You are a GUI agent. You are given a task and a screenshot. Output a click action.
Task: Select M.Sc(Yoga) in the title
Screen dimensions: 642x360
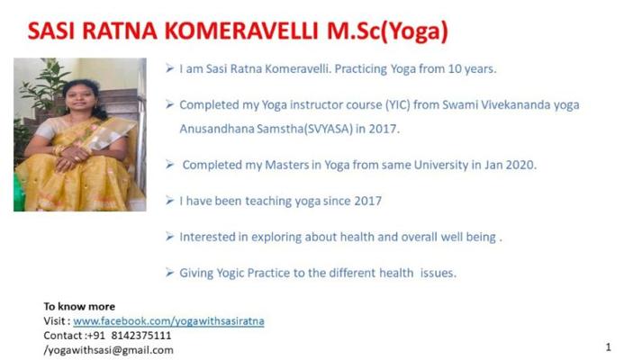click(387, 31)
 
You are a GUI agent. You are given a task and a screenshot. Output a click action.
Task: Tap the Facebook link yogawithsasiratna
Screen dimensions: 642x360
click(168, 321)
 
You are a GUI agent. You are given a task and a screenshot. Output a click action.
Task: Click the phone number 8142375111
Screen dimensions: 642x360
click(141, 336)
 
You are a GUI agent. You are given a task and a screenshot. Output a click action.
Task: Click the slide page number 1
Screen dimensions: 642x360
click(609, 347)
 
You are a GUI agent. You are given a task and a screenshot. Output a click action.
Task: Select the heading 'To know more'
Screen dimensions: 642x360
click(79, 306)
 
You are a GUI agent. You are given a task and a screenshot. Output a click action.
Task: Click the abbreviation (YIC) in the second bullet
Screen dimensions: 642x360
click(398, 105)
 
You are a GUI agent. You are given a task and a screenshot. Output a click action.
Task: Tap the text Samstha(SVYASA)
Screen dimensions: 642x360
click(304, 129)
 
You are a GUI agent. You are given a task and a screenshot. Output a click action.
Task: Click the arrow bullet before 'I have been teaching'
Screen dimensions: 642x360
click(169, 201)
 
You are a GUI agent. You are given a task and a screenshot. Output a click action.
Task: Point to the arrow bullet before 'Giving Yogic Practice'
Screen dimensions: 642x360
click(169, 273)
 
